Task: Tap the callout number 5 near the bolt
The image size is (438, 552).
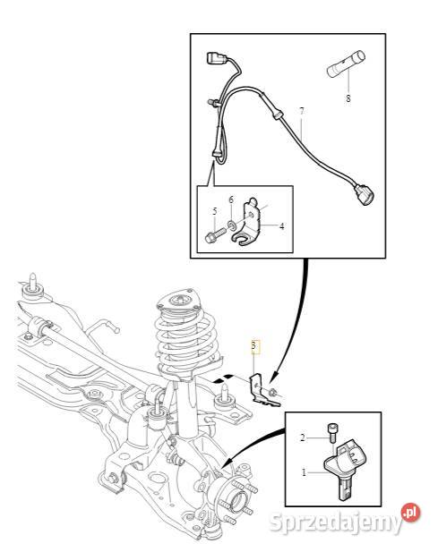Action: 215,211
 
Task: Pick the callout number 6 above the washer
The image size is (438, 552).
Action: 230,199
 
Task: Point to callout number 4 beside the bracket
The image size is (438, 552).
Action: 281,226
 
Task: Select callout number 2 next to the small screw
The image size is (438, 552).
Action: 304,438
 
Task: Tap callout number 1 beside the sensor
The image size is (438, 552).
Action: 304,471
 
